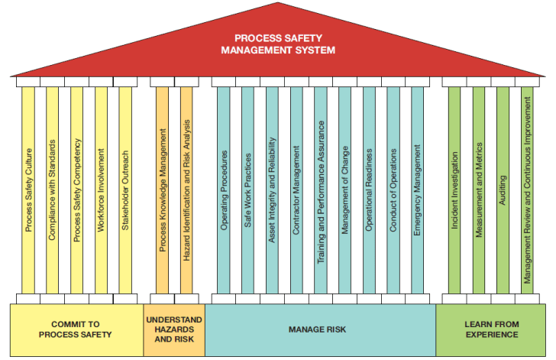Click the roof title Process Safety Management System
277,44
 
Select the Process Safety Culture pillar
28,187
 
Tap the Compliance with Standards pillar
52,187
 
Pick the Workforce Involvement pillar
101,187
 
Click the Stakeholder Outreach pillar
125,187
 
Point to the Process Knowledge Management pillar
162,187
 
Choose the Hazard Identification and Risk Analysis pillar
186,187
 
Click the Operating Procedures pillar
224,187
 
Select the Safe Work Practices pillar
247,187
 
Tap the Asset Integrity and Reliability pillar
272,187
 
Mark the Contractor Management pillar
296,187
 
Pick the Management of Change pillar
344,187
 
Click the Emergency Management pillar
417,187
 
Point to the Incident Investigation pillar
454,187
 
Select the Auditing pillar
503,187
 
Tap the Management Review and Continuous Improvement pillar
527,187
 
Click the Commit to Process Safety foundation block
76,329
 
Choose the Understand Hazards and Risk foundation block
174,329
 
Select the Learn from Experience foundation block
490,329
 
